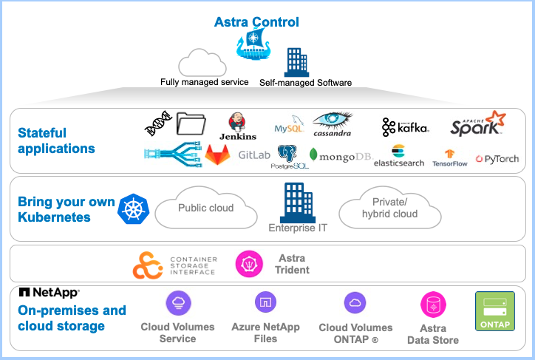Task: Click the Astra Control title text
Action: click(256, 22)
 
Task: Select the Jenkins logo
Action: click(238, 126)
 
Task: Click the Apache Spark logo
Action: click(477, 123)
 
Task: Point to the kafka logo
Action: click(405, 127)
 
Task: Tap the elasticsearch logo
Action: click(399, 156)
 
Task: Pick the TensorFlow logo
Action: click(450, 157)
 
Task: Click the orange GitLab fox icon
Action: click(217, 154)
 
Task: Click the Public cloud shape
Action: click(205, 208)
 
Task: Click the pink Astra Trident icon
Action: click(249, 264)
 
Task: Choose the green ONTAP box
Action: click(494, 311)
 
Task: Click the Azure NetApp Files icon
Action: click(265, 302)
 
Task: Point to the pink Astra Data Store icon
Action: click(433, 305)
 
